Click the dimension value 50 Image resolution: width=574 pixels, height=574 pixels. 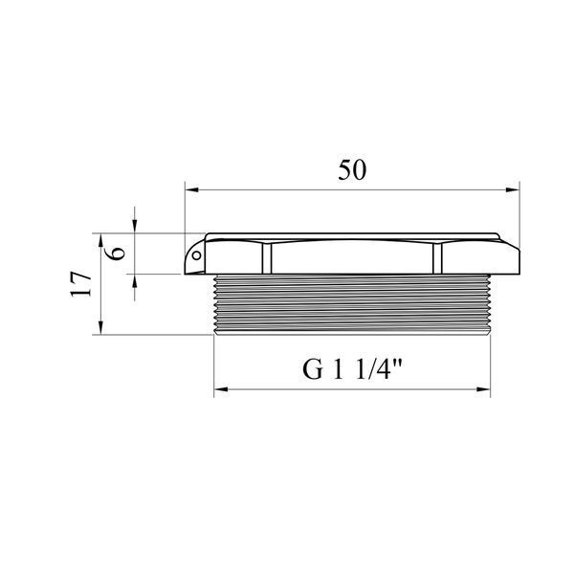(352, 170)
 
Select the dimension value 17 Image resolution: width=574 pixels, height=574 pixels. (81, 284)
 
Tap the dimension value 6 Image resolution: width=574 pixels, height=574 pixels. (119, 253)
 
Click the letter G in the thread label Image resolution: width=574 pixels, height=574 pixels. (313, 369)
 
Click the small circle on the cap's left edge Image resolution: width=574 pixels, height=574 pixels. (196, 255)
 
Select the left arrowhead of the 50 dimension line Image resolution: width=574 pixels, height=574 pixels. (191, 190)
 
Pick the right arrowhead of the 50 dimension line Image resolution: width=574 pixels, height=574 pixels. (513, 190)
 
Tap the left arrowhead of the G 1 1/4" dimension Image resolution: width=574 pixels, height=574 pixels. (221, 389)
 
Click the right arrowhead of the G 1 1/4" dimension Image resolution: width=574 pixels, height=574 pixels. (483, 389)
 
